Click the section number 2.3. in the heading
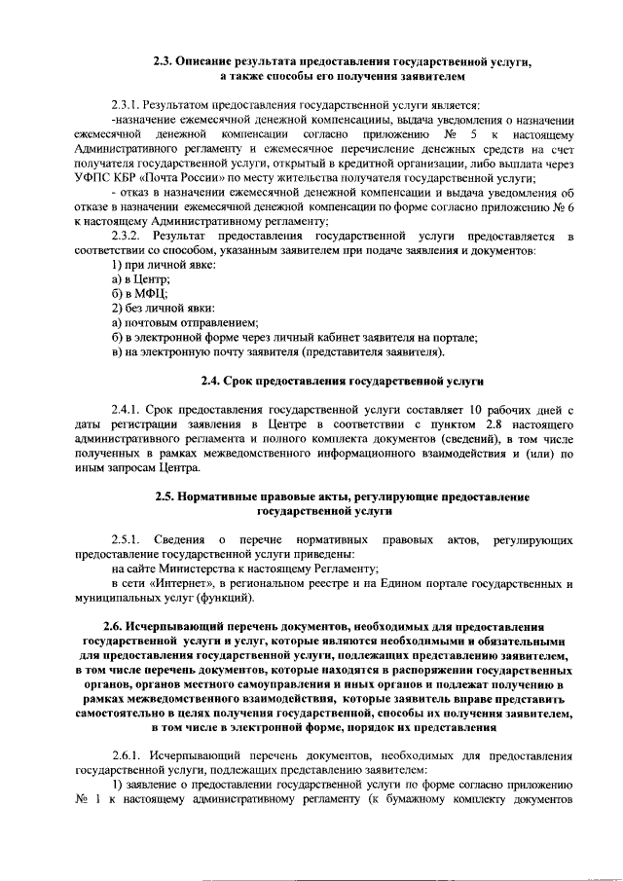(162, 61)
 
